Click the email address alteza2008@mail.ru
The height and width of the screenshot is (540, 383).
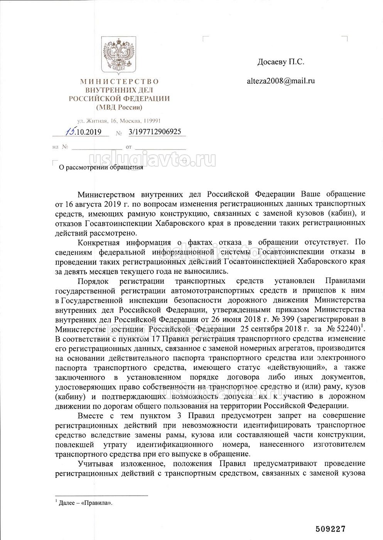281,81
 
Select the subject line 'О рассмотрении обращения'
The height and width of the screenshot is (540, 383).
100,167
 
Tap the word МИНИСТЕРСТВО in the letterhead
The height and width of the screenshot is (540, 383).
119,81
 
